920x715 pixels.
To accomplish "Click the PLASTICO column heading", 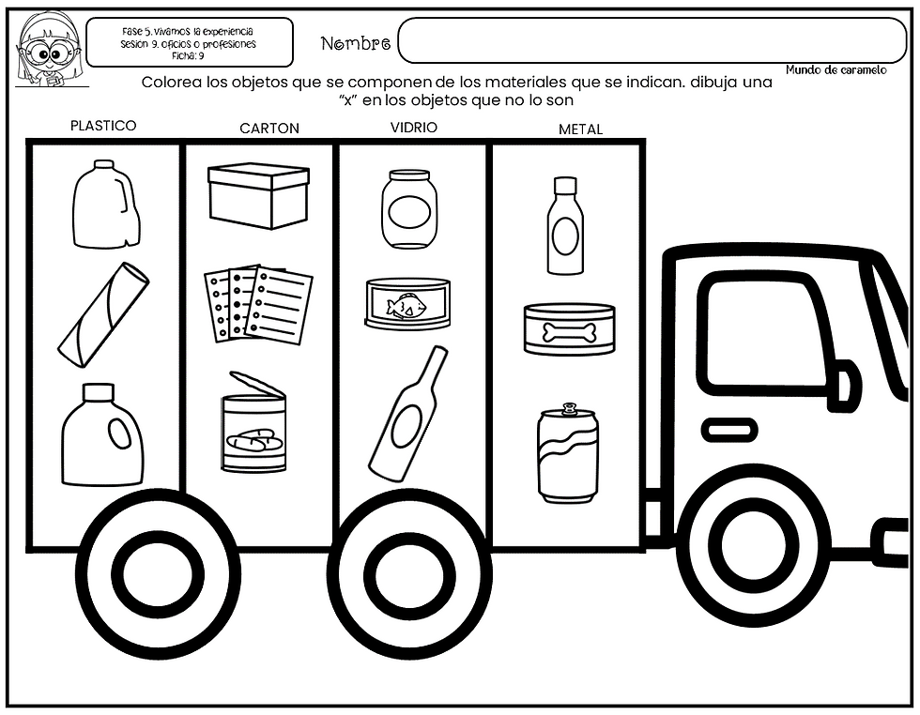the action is [103, 126].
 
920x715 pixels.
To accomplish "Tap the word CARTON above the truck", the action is [269, 129].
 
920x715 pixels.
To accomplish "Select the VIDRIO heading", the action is [414, 128].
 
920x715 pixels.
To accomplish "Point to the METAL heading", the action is [580, 129].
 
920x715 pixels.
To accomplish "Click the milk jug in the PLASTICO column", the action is [106, 204].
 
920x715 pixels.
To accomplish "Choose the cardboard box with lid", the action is [259, 196].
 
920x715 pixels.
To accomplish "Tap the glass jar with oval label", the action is [409, 209].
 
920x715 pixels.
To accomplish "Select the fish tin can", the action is [407, 303].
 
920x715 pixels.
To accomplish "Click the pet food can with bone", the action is [569, 329].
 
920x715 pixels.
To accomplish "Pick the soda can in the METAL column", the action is [568, 453].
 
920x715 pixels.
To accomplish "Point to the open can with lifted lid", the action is [254, 421].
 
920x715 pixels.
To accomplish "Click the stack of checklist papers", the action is [258, 303].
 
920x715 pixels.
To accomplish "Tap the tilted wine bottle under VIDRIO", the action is [407, 413].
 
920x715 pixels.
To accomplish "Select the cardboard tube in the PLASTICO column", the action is [104, 315].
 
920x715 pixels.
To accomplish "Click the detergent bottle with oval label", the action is [102, 434].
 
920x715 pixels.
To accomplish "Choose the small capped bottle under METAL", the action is [565, 226].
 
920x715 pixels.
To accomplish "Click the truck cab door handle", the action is [729, 431].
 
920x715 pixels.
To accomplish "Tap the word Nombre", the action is [356, 43].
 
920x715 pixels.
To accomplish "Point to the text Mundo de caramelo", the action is [836, 69].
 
